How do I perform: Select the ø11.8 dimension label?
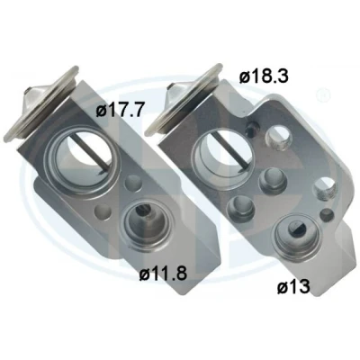[163, 273]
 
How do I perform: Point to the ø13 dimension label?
[293, 286]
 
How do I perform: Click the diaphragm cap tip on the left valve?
[29, 93]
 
